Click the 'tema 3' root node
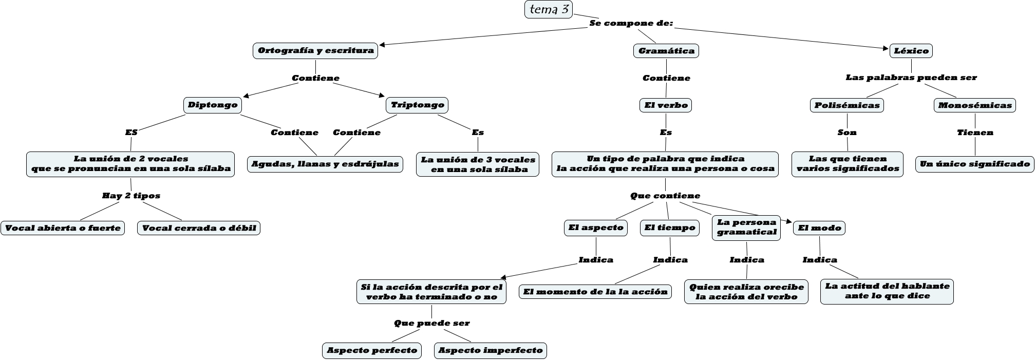549,9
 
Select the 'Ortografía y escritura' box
315,51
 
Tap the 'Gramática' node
666,51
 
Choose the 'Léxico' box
911,51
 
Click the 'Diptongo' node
213,105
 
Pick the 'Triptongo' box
417,105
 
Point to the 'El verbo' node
666,105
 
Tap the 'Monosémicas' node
975,105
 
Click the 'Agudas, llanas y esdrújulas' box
325,164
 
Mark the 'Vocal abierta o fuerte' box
63,228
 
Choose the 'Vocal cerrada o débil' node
199,228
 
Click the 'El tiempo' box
670,228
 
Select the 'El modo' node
819,228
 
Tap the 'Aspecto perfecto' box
372,351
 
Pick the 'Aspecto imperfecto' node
491,351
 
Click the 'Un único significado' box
974,164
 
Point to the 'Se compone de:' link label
631,24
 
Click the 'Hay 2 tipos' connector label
131,196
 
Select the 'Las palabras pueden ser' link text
911,78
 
